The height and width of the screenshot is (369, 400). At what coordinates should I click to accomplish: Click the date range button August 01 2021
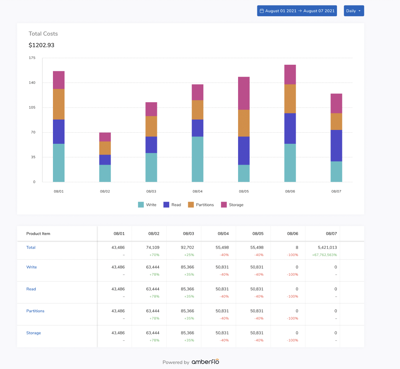point(297,11)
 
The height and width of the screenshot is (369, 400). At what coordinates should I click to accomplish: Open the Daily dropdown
point(354,11)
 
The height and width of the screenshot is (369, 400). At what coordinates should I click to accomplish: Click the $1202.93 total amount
point(41,45)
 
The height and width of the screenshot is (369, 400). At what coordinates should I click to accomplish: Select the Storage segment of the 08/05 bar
point(244,93)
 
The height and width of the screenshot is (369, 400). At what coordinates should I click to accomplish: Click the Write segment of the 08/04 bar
point(197,159)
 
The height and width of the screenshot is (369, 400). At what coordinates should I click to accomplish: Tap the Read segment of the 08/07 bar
point(336,145)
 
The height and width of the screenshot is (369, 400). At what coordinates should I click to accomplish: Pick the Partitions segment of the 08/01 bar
point(59,104)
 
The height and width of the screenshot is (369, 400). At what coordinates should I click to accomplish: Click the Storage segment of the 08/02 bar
point(105,137)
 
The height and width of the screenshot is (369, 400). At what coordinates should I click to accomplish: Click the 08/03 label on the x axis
point(151,191)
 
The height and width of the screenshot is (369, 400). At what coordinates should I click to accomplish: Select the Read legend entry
point(172,205)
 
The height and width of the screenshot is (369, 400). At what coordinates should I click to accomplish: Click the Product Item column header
point(38,234)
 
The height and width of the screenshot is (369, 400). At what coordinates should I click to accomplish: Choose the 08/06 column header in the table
point(293,234)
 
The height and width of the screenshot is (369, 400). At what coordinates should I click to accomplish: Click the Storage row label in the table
point(34,333)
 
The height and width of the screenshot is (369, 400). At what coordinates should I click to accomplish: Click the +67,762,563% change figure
point(324,255)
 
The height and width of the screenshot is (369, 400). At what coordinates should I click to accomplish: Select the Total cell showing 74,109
point(151,248)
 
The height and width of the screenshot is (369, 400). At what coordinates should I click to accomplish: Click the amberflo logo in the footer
point(205,362)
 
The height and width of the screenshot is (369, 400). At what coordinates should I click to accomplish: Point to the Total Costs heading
point(43,34)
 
